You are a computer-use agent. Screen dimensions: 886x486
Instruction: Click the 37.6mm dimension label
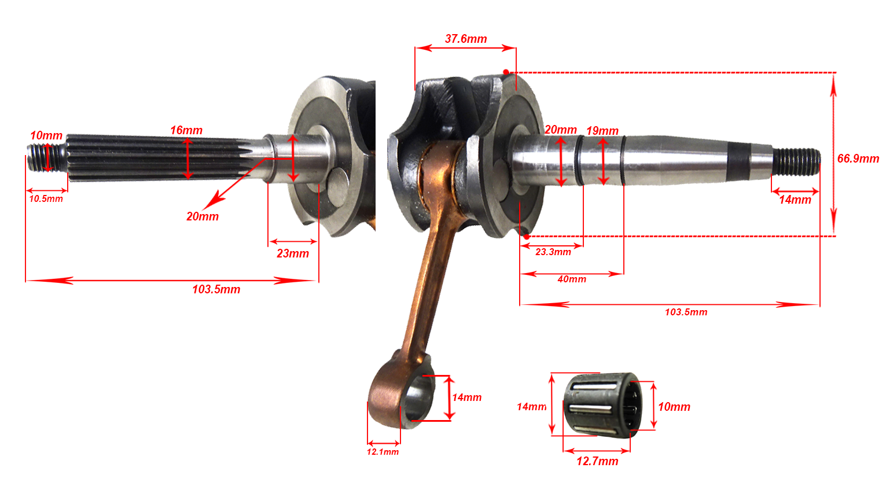pyautogui.click(x=466, y=39)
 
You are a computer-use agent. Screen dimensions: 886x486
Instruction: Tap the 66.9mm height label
pyautogui.click(x=858, y=159)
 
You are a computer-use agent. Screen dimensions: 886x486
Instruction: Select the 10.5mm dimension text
pyautogui.click(x=46, y=198)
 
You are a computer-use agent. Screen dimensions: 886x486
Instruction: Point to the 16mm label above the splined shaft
pyautogui.click(x=186, y=130)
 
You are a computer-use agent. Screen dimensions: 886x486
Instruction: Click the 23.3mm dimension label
pyautogui.click(x=553, y=252)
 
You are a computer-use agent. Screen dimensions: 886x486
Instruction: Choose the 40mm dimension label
pyautogui.click(x=572, y=279)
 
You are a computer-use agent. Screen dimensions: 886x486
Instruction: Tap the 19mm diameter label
pyautogui.click(x=602, y=131)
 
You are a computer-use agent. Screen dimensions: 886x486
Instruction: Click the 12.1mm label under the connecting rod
pyautogui.click(x=383, y=452)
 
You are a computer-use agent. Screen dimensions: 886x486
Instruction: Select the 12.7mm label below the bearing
pyautogui.click(x=597, y=461)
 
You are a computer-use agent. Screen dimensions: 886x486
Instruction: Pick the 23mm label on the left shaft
pyautogui.click(x=293, y=253)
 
